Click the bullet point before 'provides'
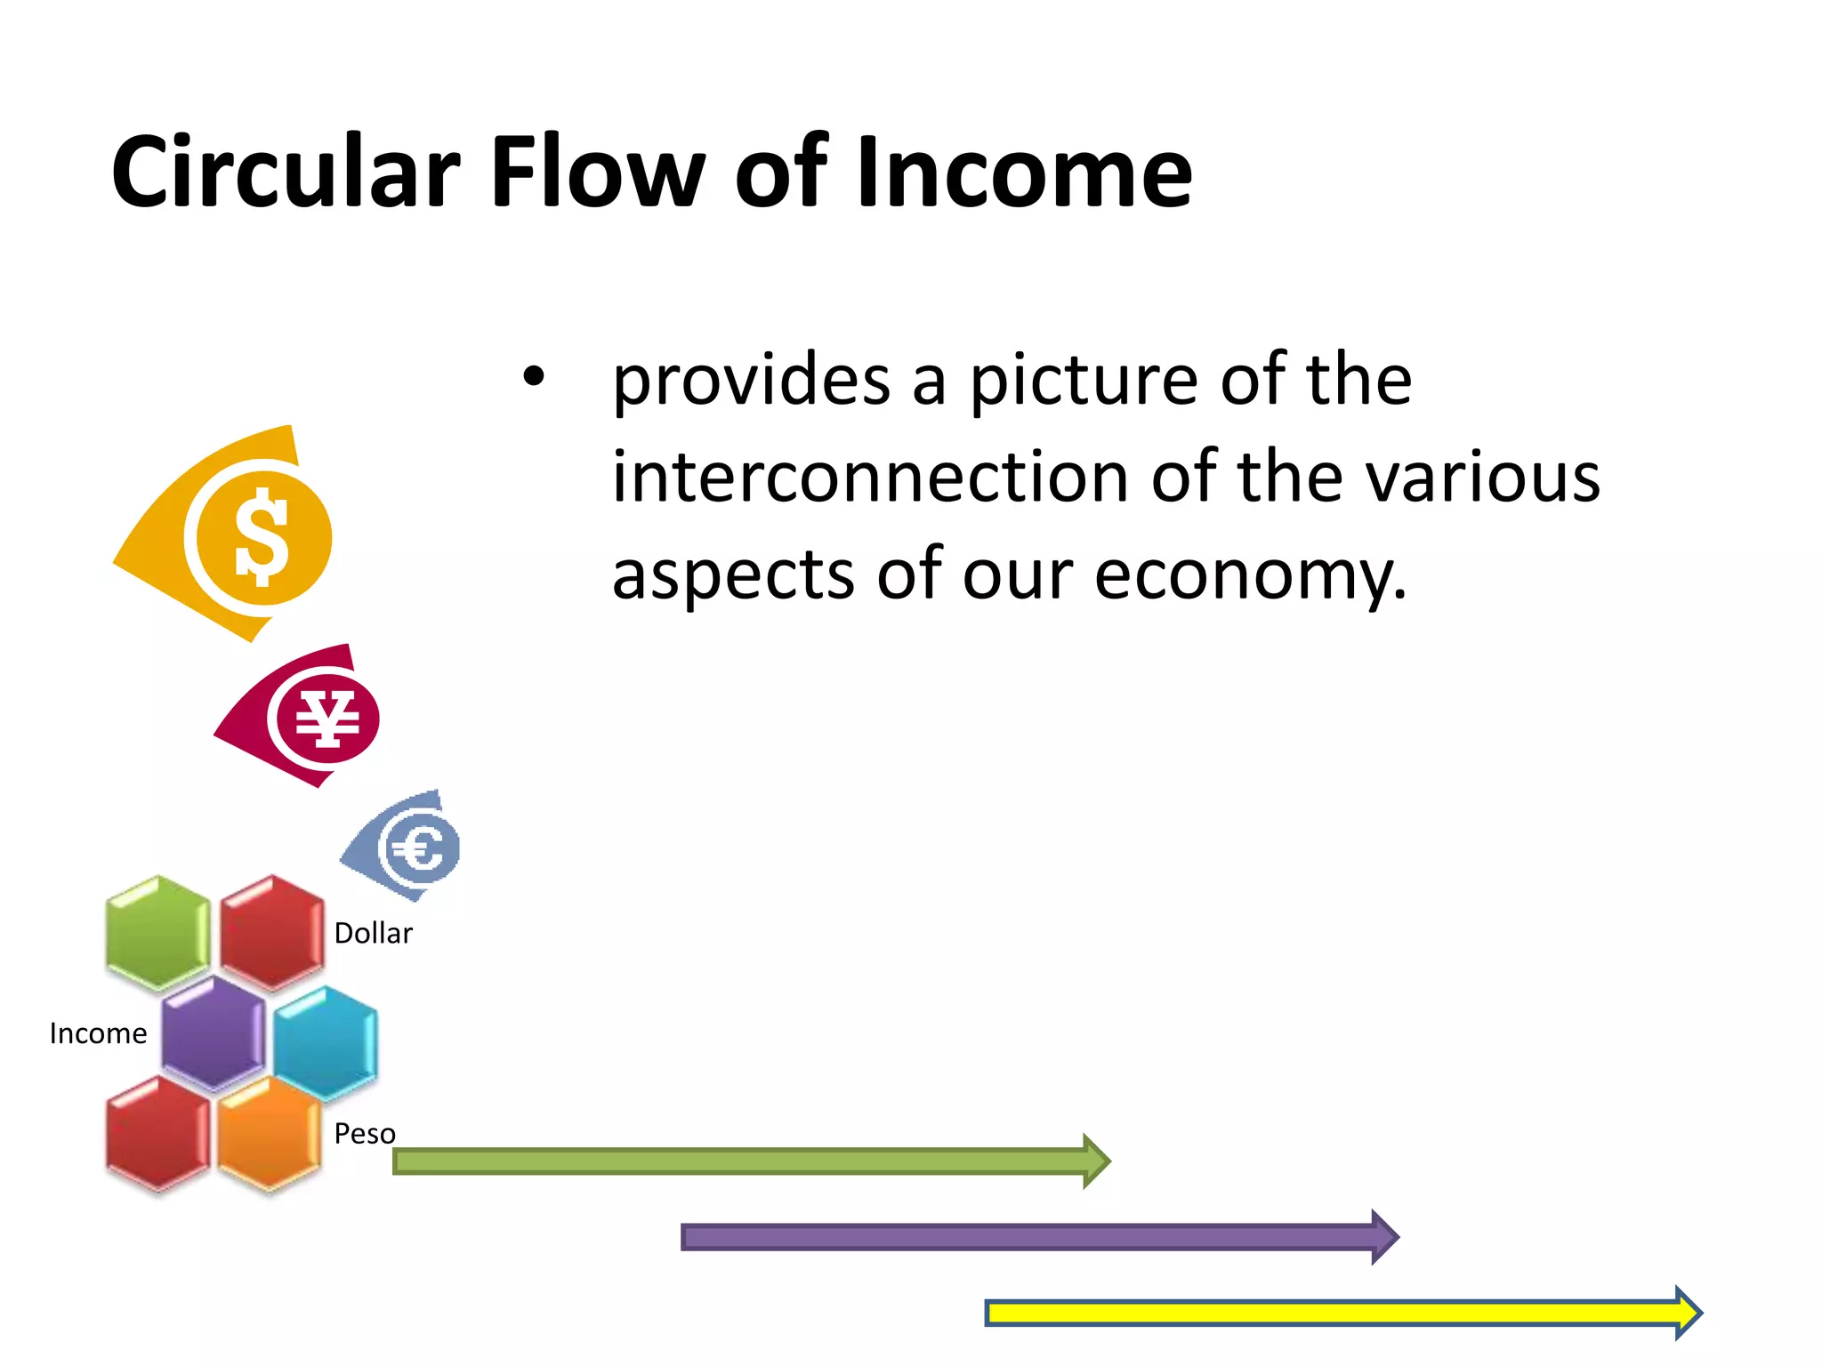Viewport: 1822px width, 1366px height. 533,378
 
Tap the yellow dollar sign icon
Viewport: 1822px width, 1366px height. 262,538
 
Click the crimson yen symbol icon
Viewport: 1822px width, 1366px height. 327,719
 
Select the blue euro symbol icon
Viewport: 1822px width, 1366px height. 418,848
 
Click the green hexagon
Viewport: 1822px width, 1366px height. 158,932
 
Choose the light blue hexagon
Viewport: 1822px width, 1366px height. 326,1042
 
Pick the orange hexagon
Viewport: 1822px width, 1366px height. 270,1135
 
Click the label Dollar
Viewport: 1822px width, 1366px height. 373,934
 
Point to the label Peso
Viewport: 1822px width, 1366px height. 364,1134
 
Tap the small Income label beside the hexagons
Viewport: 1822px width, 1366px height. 98,1033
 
